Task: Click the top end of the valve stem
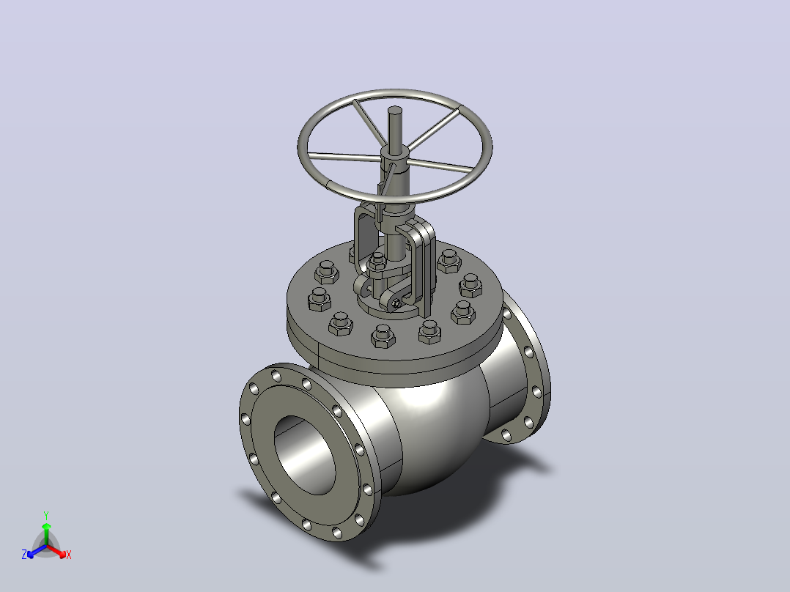pos(395,109)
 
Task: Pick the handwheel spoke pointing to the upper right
pos(434,130)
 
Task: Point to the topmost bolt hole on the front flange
pos(276,375)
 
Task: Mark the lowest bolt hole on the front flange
pos(337,532)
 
